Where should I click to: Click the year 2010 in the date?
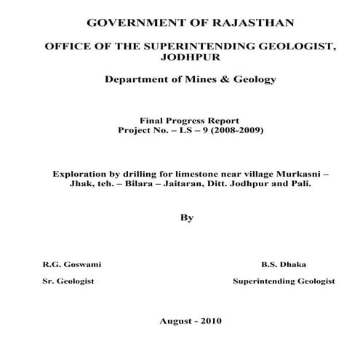tap(210, 321)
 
